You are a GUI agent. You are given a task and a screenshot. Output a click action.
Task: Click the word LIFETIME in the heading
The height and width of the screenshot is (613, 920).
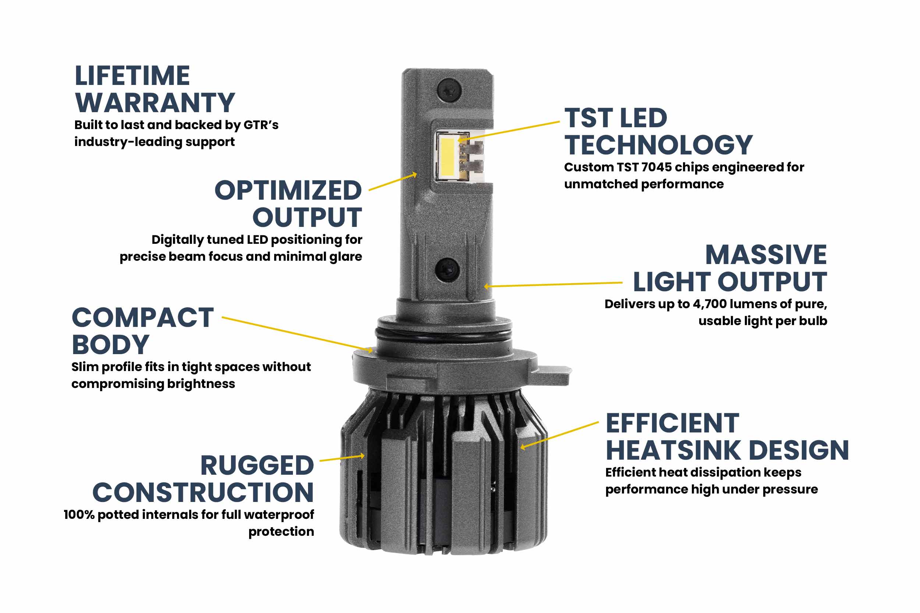(x=132, y=76)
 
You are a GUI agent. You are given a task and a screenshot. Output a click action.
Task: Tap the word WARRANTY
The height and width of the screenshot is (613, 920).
(x=155, y=103)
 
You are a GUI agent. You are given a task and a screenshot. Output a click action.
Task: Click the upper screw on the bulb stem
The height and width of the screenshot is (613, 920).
(x=449, y=91)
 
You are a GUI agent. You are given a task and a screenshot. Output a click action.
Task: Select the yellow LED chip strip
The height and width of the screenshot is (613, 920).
(x=447, y=156)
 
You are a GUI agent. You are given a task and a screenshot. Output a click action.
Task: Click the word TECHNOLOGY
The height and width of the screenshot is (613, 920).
(x=658, y=145)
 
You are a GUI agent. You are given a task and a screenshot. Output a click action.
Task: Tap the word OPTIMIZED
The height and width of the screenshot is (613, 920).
(x=288, y=190)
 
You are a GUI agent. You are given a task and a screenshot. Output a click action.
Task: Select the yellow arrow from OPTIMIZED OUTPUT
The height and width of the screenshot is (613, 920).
(x=392, y=182)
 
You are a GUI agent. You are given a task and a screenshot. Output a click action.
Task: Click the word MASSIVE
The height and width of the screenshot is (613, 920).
(x=765, y=255)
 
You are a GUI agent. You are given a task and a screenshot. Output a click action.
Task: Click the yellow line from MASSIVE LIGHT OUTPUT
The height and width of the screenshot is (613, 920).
(x=553, y=284)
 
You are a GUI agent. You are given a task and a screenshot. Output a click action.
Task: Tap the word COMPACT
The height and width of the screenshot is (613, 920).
(x=143, y=317)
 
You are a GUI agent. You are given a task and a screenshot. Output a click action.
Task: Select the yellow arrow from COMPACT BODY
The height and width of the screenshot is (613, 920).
(x=297, y=334)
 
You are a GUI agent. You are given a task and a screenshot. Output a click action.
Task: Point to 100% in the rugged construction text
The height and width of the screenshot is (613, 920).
(x=79, y=514)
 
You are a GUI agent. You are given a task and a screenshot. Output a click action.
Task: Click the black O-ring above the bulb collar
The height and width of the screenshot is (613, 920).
(x=443, y=335)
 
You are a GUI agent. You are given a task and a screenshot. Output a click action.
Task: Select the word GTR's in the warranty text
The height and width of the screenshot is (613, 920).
(x=261, y=125)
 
